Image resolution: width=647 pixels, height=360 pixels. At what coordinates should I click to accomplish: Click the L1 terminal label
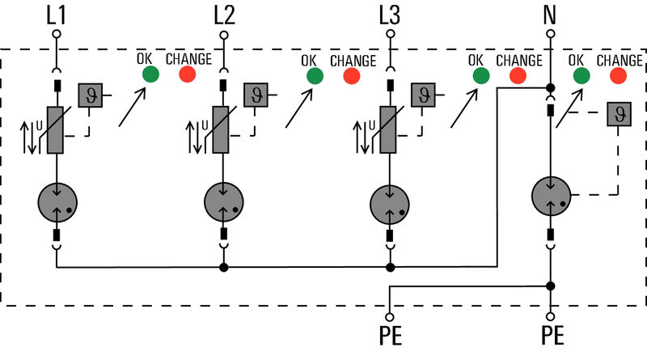pyautogui.click(x=57, y=14)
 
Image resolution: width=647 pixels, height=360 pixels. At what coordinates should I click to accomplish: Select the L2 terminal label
pyautogui.click(x=224, y=14)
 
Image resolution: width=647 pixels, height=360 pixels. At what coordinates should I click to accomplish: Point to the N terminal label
pyautogui.click(x=551, y=14)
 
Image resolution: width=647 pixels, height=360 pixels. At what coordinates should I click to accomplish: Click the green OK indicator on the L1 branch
pyautogui.click(x=150, y=75)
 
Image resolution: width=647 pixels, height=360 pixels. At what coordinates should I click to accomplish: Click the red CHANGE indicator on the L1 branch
pyautogui.click(x=188, y=75)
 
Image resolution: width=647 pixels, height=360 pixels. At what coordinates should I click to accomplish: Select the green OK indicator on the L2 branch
pyautogui.click(x=315, y=76)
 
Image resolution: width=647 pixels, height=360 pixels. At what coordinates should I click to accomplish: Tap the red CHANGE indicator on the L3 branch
pyautogui.click(x=518, y=76)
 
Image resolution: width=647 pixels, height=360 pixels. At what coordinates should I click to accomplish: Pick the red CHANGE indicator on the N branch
pyautogui.click(x=619, y=76)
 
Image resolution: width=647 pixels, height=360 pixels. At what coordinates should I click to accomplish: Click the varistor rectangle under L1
pyautogui.click(x=57, y=129)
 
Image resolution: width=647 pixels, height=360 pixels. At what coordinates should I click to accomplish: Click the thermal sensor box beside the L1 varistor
pyautogui.click(x=91, y=96)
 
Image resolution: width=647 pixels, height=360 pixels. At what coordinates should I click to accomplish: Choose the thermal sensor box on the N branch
pyautogui.click(x=619, y=114)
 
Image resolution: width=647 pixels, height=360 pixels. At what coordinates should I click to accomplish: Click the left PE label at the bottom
pyautogui.click(x=391, y=337)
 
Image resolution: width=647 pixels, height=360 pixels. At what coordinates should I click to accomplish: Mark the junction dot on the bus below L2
pyautogui.click(x=223, y=267)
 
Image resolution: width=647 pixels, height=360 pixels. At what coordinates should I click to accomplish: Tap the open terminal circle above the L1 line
pyautogui.click(x=57, y=35)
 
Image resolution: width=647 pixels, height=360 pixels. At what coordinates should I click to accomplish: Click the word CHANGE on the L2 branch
pyautogui.click(x=353, y=60)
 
